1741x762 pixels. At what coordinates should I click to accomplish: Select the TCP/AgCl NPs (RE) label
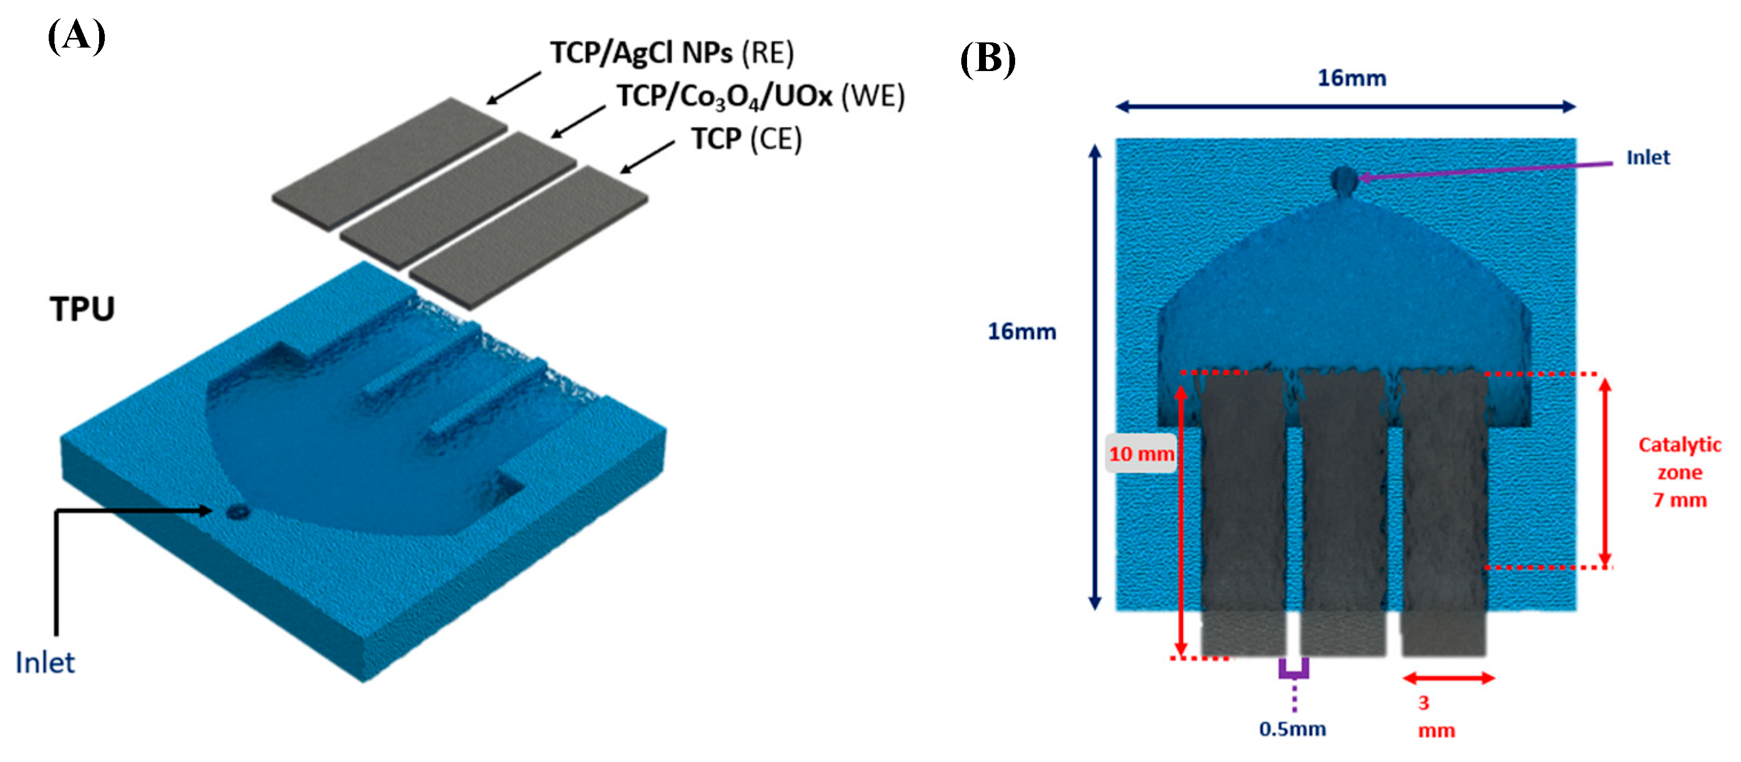(x=672, y=53)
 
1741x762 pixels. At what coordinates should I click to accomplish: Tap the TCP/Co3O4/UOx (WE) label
(x=760, y=97)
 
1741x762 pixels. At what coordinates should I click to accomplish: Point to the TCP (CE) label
(x=746, y=139)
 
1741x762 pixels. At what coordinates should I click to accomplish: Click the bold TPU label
(x=82, y=309)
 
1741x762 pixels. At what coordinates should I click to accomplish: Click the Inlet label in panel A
(x=45, y=663)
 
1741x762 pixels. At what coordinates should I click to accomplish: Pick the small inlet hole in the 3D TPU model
(x=237, y=511)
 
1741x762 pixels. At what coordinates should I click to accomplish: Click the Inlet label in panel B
(x=1647, y=158)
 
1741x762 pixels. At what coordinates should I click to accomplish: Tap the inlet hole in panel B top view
(x=1343, y=180)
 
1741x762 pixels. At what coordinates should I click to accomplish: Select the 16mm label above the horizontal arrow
(x=1351, y=78)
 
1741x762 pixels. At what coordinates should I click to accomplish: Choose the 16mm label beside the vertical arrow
(x=1022, y=331)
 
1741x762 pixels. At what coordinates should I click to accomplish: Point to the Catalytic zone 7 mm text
(x=1680, y=472)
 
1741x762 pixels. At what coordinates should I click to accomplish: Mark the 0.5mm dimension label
(x=1292, y=729)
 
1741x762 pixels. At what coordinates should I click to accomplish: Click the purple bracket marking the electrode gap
(x=1294, y=669)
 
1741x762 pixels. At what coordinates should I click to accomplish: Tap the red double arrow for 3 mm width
(x=1448, y=678)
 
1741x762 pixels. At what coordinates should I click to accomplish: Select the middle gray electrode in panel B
(x=1343, y=507)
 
